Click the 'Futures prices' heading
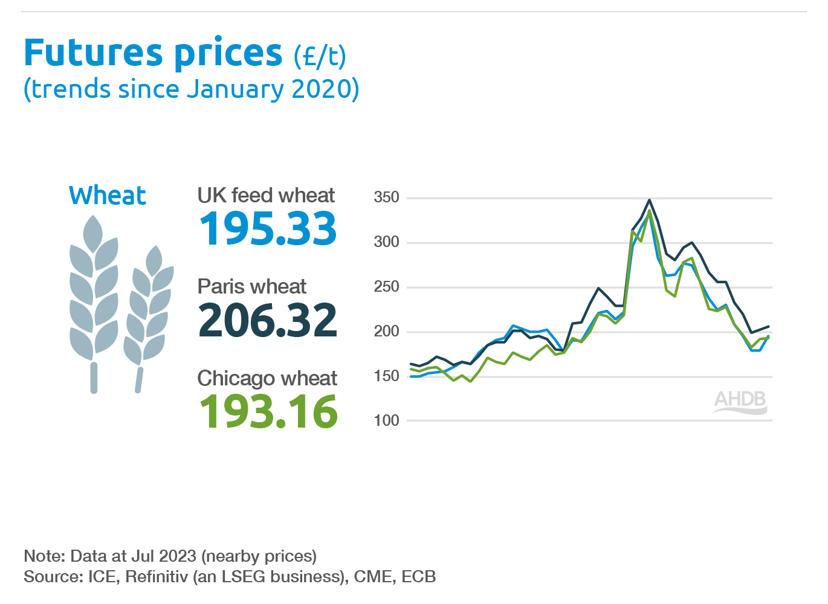pyautogui.click(x=153, y=53)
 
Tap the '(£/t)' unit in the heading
pyautogui.click(x=320, y=56)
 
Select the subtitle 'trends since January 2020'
pyautogui.click(x=192, y=89)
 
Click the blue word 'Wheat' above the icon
pyautogui.click(x=108, y=195)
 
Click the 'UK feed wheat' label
pyautogui.click(x=266, y=195)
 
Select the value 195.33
pyautogui.click(x=268, y=228)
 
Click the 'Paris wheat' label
pyautogui.click(x=251, y=286)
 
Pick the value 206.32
pyautogui.click(x=267, y=320)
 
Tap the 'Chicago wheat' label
pyautogui.click(x=267, y=377)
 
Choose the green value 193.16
pyautogui.click(x=268, y=412)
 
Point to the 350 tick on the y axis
pyautogui.click(x=386, y=197)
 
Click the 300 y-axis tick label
pyautogui.click(x=386, y=242)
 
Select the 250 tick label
pyautogui.click(x=386, y=286)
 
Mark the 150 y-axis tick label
pyautogui.click(x=386, y=376)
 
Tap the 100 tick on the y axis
pyautogui.click(x=386, y=420)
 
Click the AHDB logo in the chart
pyautogui.click(x=740, y=402)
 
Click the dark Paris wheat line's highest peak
pyautogui.click(x=649, y=200)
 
